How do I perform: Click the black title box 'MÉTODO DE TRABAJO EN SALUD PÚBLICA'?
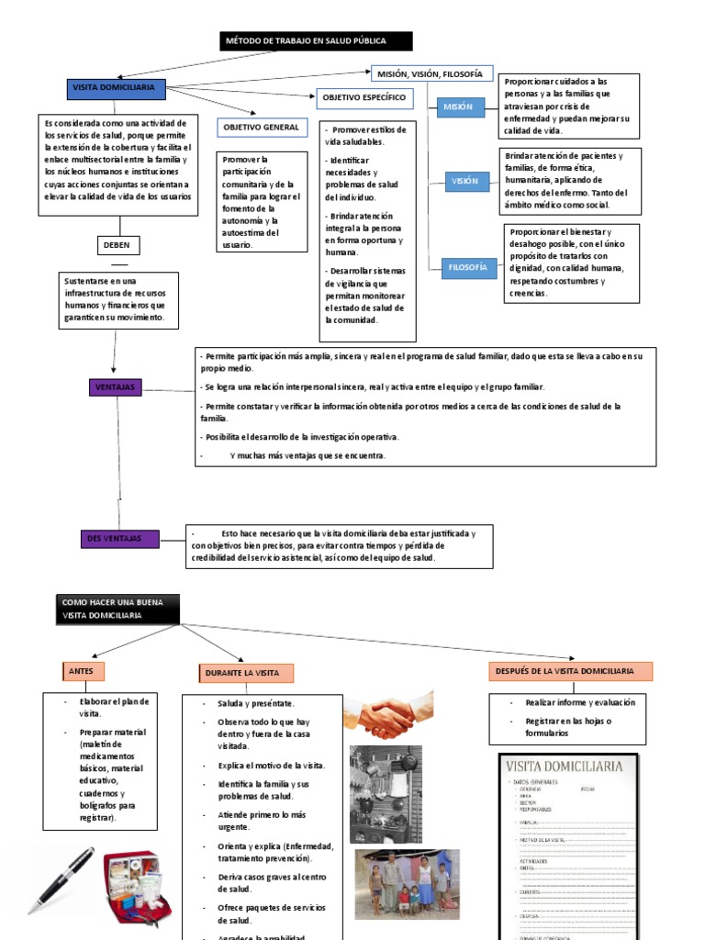316,41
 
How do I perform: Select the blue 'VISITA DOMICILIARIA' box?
116,88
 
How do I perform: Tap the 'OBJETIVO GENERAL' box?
261,127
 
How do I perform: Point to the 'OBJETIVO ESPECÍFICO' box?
364,96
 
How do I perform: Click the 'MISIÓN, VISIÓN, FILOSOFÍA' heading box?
431,73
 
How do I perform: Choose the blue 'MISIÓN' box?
458,106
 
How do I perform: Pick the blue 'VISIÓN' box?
464,181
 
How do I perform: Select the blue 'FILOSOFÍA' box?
466,267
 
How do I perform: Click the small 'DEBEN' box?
117,245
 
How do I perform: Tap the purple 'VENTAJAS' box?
115,387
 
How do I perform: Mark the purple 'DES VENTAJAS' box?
120,539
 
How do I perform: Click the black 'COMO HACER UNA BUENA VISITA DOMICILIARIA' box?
117,608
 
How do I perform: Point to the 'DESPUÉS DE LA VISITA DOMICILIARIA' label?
570,672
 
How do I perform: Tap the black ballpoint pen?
62,879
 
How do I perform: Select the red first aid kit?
136,885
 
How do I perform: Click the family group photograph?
408,883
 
